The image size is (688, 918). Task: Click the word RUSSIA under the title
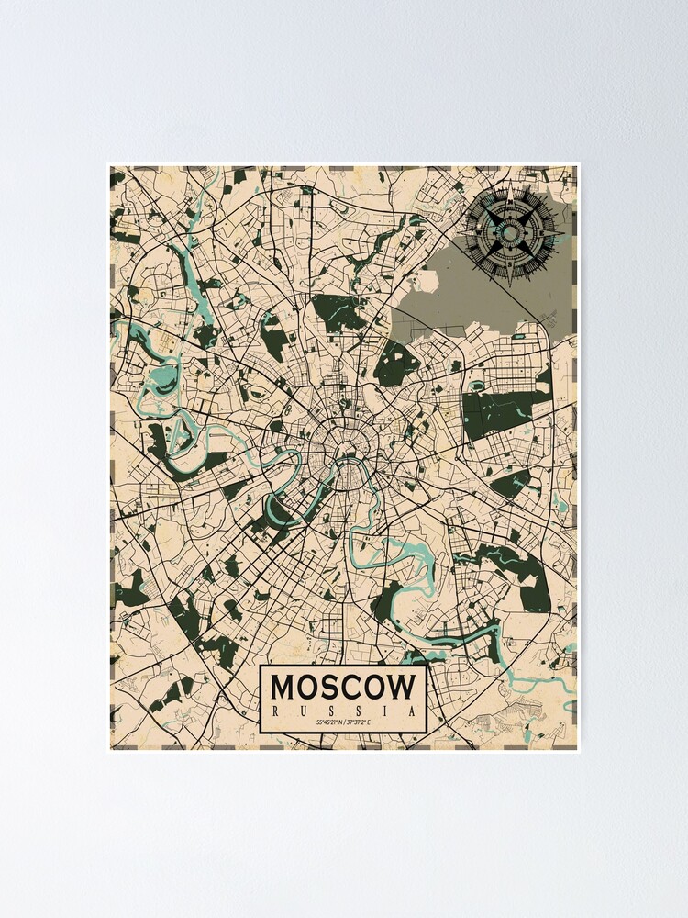[343, 710]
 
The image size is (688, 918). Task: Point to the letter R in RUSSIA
[276, 710]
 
